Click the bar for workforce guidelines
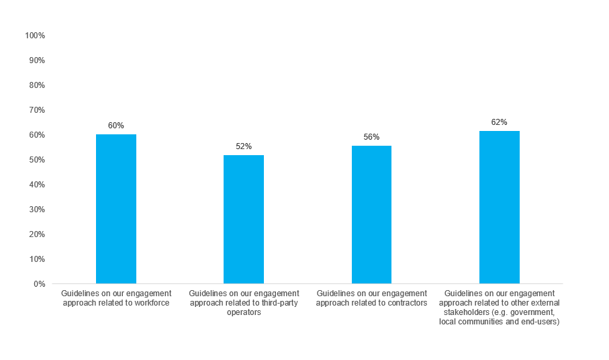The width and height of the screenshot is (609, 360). coord(116,209)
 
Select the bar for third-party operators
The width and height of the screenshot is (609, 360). coord(244,219)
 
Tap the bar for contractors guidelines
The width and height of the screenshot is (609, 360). coord(371,214)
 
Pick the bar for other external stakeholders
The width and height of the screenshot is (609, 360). coord(499,207)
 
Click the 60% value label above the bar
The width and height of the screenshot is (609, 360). coord(116,126)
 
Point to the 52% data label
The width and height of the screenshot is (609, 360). coord(244,146)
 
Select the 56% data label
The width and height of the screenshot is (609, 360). coord(371,137)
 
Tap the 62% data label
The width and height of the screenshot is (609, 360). coord(499,122)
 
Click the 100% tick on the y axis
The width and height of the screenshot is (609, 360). coord(34,35)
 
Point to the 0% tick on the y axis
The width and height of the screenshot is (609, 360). coord(38,284)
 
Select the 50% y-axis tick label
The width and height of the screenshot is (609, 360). coord(36,160)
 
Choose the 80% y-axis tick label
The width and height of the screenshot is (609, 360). coord(36,85)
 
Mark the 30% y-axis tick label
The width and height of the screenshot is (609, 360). coord(36,210)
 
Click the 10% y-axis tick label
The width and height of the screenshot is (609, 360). coord(36,259)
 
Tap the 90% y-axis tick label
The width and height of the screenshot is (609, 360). coord(36,60)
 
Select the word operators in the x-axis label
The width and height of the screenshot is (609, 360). coord(244,312)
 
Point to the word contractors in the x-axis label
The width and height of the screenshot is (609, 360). coord(406,303)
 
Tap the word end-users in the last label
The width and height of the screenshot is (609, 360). coord(543,322)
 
